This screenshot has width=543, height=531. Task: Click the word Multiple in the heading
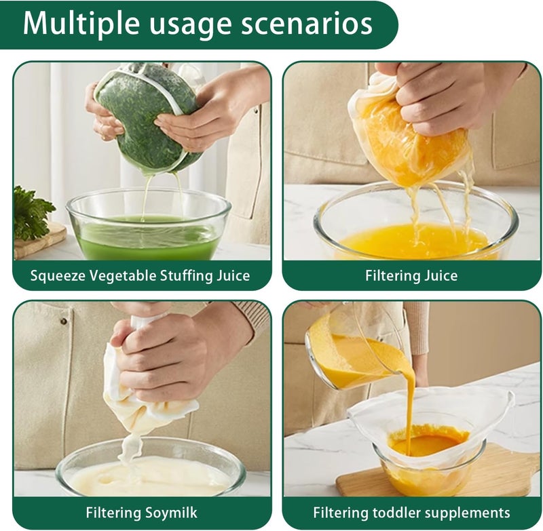81,24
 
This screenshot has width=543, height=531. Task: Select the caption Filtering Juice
411,276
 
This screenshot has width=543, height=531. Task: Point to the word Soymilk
171,512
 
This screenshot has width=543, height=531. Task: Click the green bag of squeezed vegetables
149,117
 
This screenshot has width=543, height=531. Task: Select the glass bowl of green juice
148,225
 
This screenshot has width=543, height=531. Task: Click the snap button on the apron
63,321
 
